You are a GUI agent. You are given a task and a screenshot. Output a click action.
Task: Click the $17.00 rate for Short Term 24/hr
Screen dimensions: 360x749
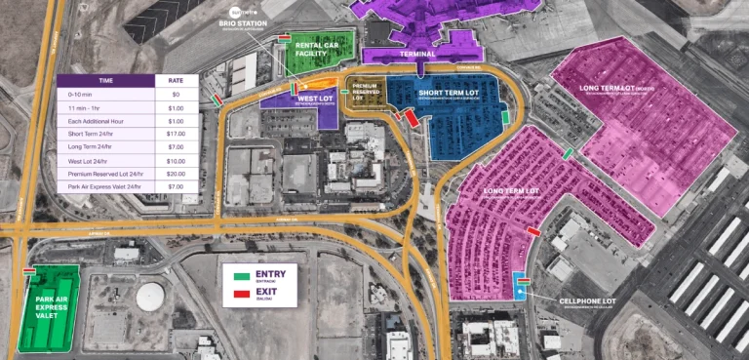[177, 133]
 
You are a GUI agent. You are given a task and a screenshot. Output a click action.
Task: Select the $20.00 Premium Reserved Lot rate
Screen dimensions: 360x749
[177, 173]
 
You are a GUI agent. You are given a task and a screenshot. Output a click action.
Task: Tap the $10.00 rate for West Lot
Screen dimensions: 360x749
[177, 160]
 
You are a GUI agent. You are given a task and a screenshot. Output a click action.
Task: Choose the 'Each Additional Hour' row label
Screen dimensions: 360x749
[93, 120]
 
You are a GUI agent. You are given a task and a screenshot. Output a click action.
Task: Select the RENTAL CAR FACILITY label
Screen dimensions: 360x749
[316, 49]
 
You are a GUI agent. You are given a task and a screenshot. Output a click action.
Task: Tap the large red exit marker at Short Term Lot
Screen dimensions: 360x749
[412, 117]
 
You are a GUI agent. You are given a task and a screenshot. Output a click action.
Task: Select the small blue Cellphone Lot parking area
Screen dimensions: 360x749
[520, 286]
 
